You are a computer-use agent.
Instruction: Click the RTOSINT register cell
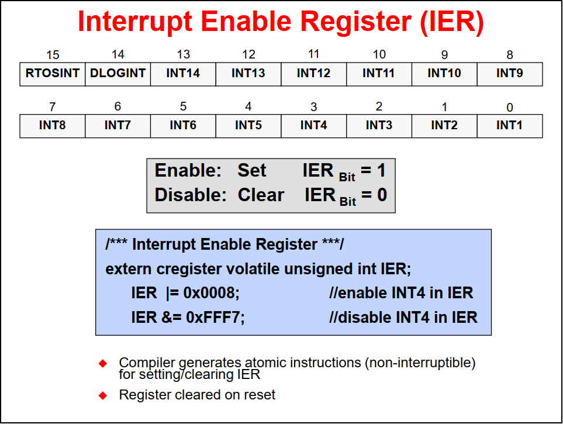coord(53,74)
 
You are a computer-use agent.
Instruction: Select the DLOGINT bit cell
coord(118,74)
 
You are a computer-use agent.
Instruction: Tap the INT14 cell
coord(183,74)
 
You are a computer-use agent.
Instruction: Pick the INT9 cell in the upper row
coord(510,74)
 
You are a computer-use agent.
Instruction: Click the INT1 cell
coord(510,126)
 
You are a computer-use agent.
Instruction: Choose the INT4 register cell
coord(314,126)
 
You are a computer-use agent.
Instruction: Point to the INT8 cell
coord(53,126)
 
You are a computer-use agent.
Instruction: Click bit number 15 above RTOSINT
coord(53,55)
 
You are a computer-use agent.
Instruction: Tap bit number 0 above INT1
coord(509,107)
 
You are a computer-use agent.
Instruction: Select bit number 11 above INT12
coord(313,54)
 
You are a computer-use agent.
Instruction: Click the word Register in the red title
coord(356,22)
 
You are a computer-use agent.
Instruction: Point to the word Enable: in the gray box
coord(188,170)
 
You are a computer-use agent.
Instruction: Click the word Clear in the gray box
coord(261,195)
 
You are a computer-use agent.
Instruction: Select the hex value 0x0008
coord(211,293)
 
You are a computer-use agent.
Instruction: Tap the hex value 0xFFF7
coord(215,318)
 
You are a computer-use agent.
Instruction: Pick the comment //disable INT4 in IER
coord(403,318)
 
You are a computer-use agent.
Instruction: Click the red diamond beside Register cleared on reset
coord(103,395)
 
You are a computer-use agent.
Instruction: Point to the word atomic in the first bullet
coord(265,363)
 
